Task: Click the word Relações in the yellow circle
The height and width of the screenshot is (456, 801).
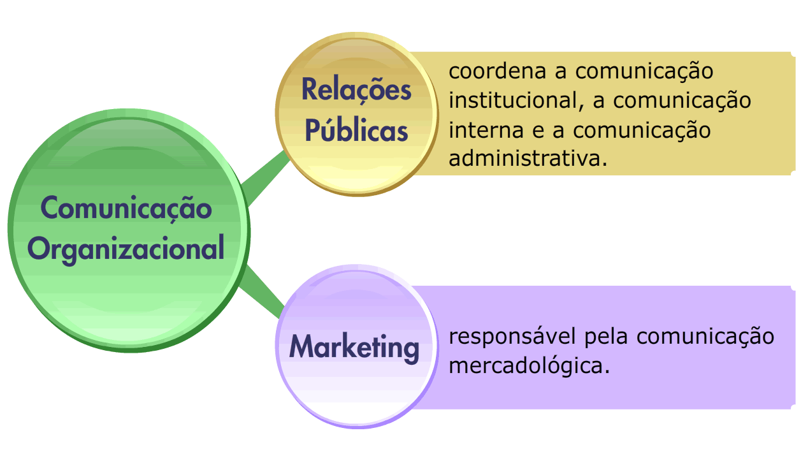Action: point(356,89)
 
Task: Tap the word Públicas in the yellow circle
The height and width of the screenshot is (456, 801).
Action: point(356,130)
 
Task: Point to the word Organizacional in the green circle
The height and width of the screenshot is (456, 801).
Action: point(127,249)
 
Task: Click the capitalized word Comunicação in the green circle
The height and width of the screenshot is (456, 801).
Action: point(126,208)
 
